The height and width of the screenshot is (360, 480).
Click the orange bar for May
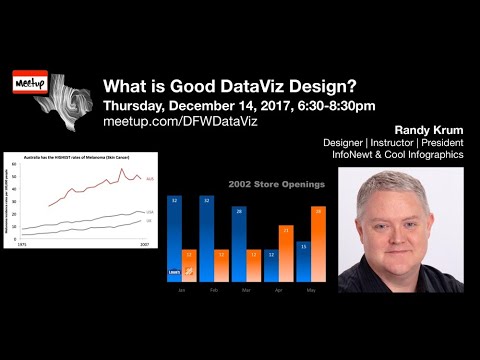click(318, 244)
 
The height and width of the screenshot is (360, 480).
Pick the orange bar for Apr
click(285, 254)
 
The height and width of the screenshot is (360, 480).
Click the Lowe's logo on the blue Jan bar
click(174, 273)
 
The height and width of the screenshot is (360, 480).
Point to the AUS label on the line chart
click(149, 179)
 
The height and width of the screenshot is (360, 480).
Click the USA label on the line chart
click(149, 212)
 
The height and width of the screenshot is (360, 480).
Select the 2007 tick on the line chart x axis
click(146, 243)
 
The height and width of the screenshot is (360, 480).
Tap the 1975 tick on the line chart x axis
click(22, 243)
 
